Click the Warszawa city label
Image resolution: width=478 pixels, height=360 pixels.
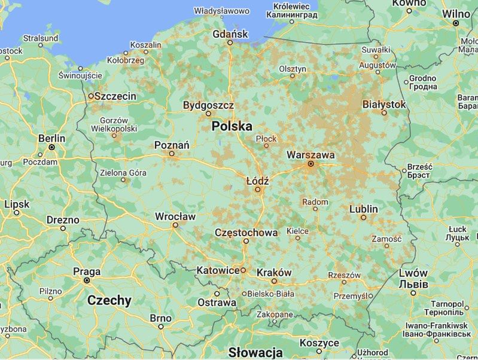coord(310,154)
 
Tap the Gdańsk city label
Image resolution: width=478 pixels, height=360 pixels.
coord(230,34)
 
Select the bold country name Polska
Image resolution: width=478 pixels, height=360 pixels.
coord(232,126)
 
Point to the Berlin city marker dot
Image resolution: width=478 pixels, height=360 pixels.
coord(52,147)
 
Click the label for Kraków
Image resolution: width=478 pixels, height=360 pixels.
coord(273,272)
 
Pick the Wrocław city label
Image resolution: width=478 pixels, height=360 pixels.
coord(175,216)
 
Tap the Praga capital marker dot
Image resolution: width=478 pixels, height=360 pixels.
coord(87,280)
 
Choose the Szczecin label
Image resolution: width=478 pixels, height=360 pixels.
coord(116,96)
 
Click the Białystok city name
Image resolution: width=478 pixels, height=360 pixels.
coord(384,104)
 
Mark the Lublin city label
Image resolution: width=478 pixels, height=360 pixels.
coord(364,209)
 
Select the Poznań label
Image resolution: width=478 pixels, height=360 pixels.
coord(172,145)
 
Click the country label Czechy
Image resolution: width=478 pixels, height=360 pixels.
coord(109,300)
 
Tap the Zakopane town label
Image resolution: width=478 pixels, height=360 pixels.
coord(274,314)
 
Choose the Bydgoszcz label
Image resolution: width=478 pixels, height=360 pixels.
coord(208,105)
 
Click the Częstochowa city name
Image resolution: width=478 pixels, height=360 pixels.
coord(246,232)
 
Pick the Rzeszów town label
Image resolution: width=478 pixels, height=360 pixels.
coord(345,275)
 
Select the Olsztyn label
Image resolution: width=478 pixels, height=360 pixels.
coord(293,68)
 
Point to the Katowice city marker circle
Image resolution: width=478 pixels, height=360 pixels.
coord(243,270)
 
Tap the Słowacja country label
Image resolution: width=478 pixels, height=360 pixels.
coord(255,352)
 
